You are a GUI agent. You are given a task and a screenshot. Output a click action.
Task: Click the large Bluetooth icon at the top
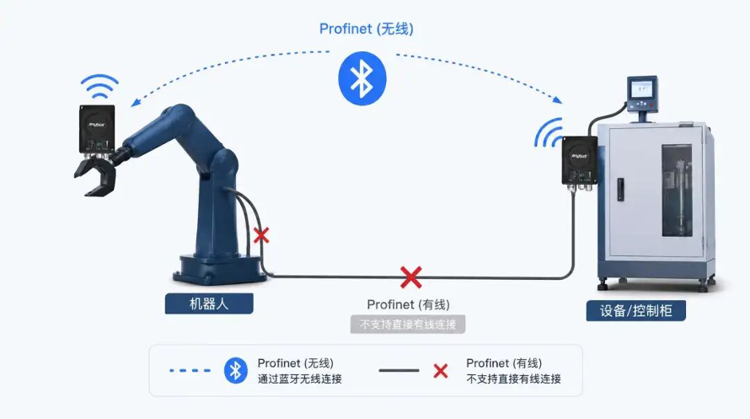(x=362, y=78)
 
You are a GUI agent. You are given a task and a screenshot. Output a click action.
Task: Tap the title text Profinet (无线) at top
(x=367, y=29)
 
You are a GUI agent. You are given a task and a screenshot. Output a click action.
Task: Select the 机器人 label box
(x=209, y=304)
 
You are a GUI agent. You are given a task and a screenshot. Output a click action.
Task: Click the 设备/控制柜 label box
(x=635, y=311)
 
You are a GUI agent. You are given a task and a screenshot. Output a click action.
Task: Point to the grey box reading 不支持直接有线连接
(x=408, y=325)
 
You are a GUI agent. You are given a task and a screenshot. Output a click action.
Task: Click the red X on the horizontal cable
(x=411, y=277)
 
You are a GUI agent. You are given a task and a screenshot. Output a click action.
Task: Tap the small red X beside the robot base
(x=261, y=235)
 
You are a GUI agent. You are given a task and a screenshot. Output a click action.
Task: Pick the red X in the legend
(x=441, y=371)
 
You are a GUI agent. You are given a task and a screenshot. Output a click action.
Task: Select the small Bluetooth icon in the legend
(x=236, y=370)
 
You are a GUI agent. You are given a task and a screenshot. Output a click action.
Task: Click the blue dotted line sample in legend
(x=190, y=370)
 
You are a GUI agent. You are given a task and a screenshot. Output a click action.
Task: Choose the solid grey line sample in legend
(x=399, y=370)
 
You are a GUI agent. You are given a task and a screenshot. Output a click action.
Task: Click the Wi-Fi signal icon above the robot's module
(x=99, y=86)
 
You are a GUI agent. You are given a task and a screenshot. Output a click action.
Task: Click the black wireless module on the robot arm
(x=97, y=128)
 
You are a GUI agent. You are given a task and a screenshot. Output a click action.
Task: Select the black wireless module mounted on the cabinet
(x=580, y=160)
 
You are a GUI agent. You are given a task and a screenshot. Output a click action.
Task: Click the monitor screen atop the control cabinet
(x=641, y=89)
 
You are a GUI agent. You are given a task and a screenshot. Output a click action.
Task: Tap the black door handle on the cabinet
(x=620, y=190)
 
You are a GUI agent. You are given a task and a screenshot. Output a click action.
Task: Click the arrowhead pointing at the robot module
(x=136, y=102)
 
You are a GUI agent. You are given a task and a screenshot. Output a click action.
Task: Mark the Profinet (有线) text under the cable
(x=409, y=304)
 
